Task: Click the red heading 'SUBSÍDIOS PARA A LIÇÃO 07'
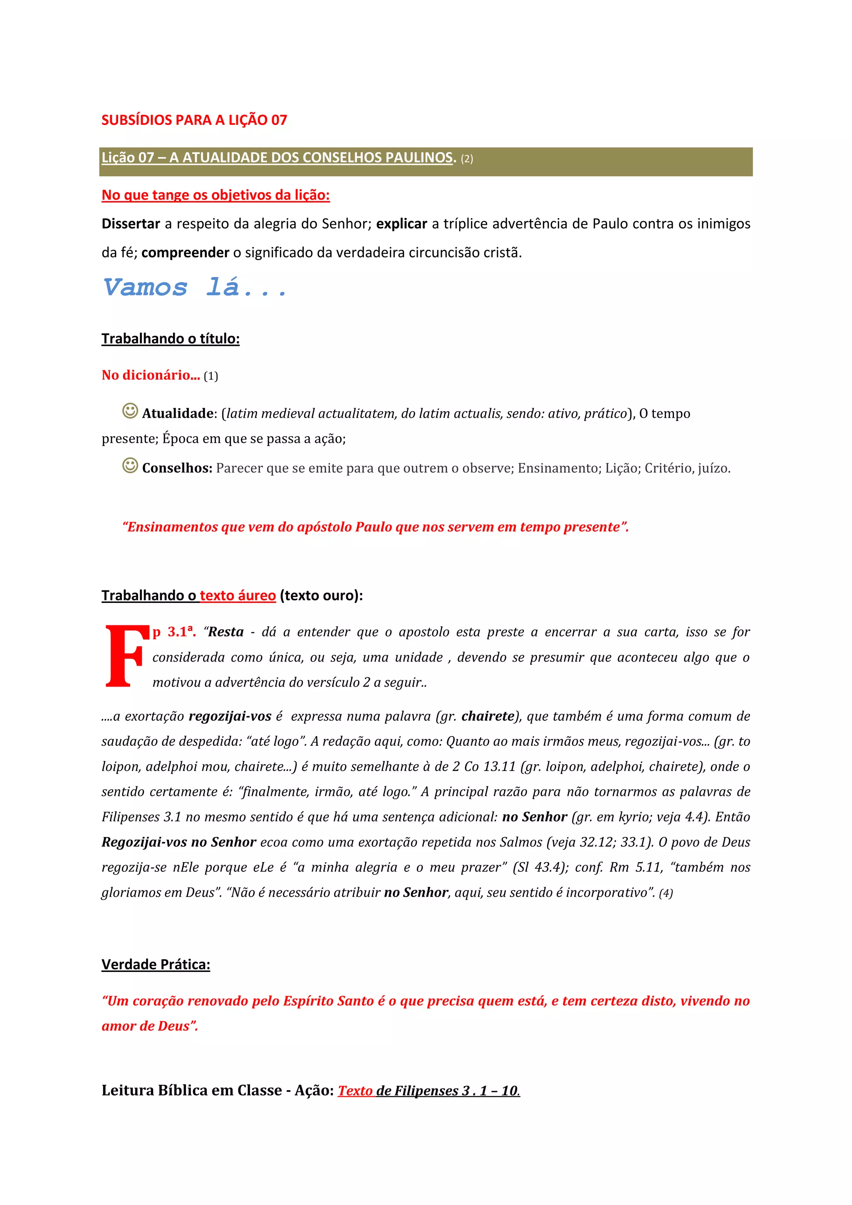tap(194, 120)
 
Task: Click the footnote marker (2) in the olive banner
tap(466, 159)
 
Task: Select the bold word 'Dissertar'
tap(131, 224)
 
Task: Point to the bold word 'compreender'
tap(185, 253)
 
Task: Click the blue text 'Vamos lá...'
tap(195, 288)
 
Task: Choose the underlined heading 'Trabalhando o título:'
tap(171, 339)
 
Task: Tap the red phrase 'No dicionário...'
tap(151, 375)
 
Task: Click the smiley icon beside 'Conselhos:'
tap(130, 465)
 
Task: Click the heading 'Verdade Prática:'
tap(156, 964)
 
